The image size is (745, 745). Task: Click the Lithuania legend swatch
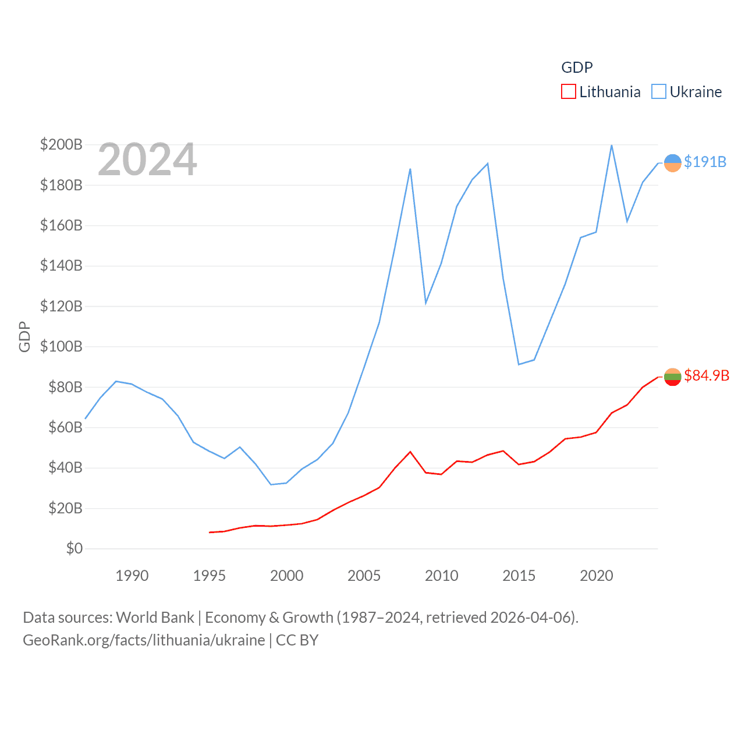point(568,92)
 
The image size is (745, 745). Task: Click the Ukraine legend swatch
point(658,92)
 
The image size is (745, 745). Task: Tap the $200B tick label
point(61,144)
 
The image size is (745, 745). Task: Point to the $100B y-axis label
point(61,346)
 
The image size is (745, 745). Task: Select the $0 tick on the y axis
point(74,548)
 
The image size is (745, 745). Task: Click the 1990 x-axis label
point(132,576)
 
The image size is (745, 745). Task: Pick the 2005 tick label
point(364,576)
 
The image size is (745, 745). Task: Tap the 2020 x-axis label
point(596,576)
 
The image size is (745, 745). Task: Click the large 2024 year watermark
point(147,159)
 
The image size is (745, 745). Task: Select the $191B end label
point(705,162)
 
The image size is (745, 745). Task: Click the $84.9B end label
point(707,375)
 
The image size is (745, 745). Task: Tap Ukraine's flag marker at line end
point(672,163)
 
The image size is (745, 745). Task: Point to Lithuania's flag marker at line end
point(672,377)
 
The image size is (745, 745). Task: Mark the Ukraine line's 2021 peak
point(611,146)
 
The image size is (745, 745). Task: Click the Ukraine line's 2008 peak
point(410,169)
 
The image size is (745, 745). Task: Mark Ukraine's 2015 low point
point(519,364)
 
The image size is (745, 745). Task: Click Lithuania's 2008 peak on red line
point(410,452)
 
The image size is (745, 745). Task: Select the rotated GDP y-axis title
point(24,336)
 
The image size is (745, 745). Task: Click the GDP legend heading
point(577,68)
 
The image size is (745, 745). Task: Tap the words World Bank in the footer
point(155,617)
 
